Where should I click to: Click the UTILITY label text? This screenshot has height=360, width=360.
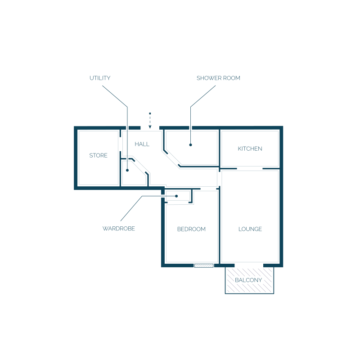tap(100, 78)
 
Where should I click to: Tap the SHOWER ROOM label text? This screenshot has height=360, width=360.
tap(218, 78)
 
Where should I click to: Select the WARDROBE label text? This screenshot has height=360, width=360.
tap(119, 229)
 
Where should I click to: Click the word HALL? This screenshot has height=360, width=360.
tap(142, 144)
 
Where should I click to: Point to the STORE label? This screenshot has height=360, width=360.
tap(98, 155)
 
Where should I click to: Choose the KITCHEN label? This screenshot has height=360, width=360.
tap(250, 149)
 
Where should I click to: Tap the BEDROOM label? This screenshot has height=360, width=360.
tap(191, 229)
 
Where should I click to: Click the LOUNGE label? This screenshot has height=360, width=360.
tap(250, 229)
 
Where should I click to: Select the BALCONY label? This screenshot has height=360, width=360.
tap(248, 280)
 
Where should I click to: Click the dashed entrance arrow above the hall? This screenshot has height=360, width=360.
tap(150, 121)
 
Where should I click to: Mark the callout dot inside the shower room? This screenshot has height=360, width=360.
tap(190, 145)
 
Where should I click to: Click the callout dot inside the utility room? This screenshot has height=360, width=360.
tap(127, 170)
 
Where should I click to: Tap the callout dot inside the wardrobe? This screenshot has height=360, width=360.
tap(176, 196)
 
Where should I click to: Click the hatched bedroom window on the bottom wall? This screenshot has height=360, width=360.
tap(204, 265)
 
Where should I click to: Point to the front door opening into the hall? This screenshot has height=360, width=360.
tap(150, 128)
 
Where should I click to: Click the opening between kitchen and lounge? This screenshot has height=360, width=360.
tap(250, 169)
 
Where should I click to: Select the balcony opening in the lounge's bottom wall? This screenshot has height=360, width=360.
tap(249, 265)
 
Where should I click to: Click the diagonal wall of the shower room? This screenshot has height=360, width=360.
tap(172, 159)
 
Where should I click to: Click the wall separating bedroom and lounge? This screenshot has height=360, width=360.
tap(220, 225)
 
